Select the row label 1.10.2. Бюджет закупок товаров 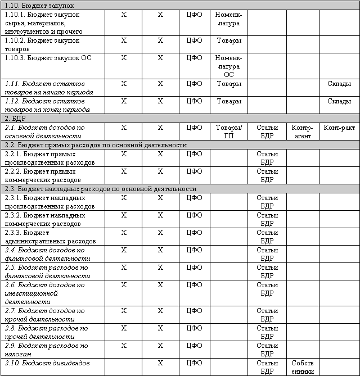(x=42, y=44)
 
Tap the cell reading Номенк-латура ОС (x=228, y=66)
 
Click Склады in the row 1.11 (x=339, y=84)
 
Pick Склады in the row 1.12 (x=339, y=101)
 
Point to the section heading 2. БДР (x=15, y=119)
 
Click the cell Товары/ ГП (x=228, y=132)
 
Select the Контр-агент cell (x=302, y=132)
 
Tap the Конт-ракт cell (x=339, y=128)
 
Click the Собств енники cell (x=302, y=367)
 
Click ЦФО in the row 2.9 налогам (x=194, y=346)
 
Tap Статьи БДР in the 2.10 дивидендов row (x=267, y=367)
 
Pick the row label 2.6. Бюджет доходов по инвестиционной (x=44, y=293)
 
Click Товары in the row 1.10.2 (x=228, y=40)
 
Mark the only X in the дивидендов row (x=160, y=363)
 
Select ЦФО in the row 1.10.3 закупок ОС (x=194, y=58)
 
